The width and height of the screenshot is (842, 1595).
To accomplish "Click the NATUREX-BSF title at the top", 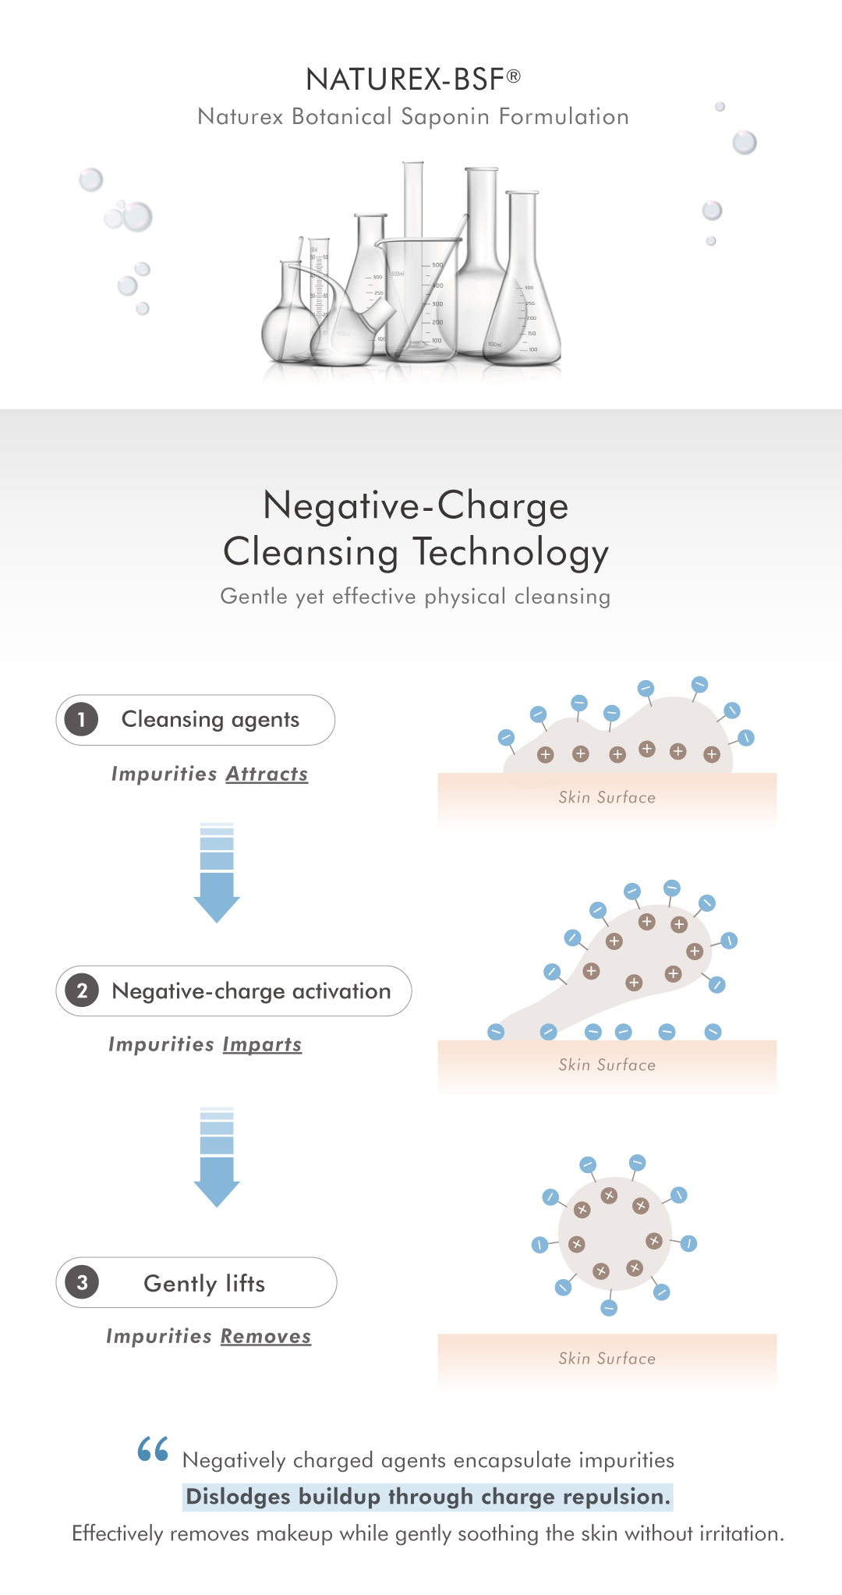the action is pos(412,79).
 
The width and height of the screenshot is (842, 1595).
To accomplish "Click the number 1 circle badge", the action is pos(81,719).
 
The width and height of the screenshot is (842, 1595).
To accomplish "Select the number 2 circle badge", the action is pos(82,991).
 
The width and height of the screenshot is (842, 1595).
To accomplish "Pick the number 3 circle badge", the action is pos(82,1282).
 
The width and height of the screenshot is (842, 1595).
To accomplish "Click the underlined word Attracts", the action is pos(267,774).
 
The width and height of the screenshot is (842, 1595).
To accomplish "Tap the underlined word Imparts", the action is pos(262,1044).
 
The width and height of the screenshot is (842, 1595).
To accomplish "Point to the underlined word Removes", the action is pos(265,1336).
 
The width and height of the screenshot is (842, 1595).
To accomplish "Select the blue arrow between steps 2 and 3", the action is pos(217,1159).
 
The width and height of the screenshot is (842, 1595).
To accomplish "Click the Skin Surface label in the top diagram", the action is pos(607,797).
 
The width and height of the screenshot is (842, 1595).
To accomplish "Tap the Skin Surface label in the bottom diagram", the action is pos(607,1358).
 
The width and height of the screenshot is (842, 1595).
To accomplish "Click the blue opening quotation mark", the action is pos(153,1449).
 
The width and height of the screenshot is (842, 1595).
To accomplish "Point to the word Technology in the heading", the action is pos(511,552).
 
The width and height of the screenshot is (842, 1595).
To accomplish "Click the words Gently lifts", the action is pos(204,1283).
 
